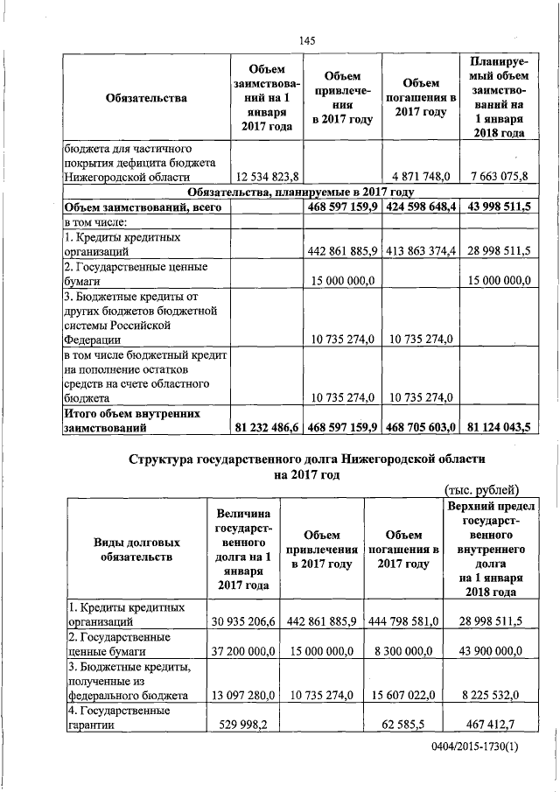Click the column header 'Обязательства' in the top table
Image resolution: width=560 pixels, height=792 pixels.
point(145,98)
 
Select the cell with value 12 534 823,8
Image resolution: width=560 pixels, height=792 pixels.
point(265,178)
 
